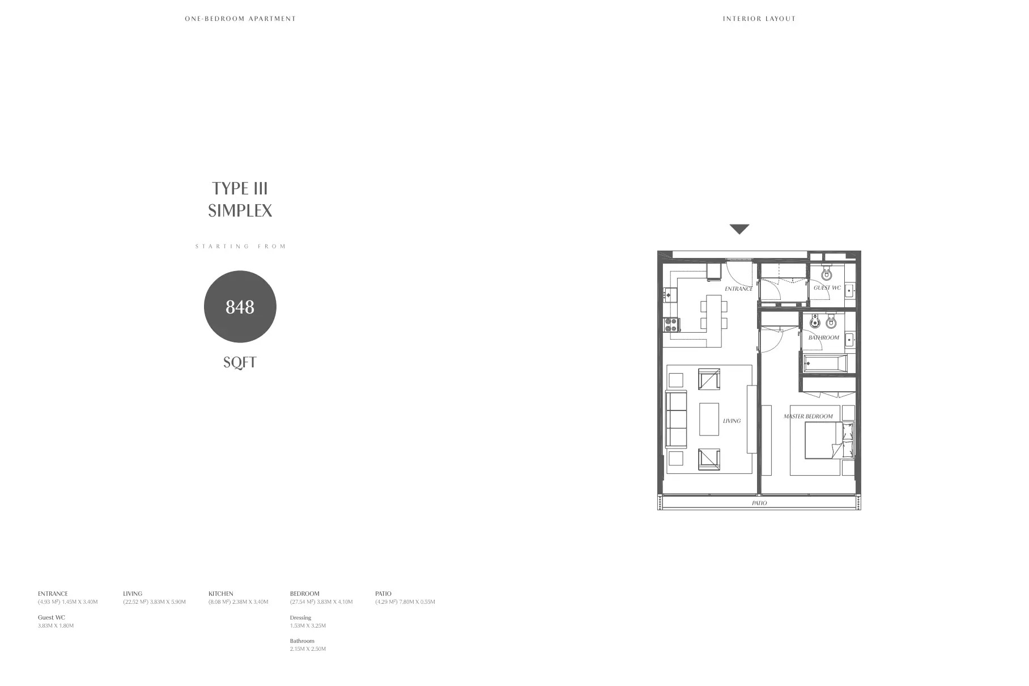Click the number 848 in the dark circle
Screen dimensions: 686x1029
(x=240, y=307)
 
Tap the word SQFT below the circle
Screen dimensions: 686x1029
(x=240, y=362)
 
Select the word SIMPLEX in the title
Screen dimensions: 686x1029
(x=240, y=210)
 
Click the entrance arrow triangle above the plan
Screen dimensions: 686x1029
(x=739, y=228)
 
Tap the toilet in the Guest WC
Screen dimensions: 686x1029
(x=826, y=275)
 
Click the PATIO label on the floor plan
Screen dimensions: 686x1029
(x=759, y=503)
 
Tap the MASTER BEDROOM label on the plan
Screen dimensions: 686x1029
(x=808, y=416)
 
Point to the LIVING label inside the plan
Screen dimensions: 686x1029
(x=732, y=421)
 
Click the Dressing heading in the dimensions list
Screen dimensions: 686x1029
(x=300, y=617)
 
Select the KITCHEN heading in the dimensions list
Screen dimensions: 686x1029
(x=220, y=594)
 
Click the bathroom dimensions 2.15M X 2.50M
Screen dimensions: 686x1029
(x=308, y=649)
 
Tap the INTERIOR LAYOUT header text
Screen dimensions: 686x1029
(x=759, y=19)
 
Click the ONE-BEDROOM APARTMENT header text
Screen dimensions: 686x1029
(x=240, y=19)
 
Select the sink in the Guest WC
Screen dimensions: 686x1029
(x=849, y=291)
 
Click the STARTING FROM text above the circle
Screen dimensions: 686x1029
(x=240, y=246)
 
